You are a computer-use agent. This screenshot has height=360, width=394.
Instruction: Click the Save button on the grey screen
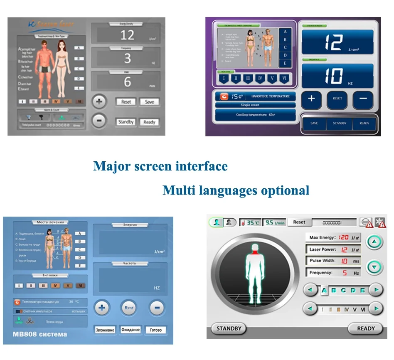(x=149, y=102)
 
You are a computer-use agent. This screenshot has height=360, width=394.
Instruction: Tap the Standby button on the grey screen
(x=126, y=122)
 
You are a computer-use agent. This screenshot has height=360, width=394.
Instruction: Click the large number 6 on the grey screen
(x=127, y=82)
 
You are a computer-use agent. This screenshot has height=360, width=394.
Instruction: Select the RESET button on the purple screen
(x=337, y=99)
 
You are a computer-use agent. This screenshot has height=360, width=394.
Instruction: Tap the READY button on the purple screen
(x=364, y=123)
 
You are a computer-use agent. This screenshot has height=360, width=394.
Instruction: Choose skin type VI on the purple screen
(x=285, y=78)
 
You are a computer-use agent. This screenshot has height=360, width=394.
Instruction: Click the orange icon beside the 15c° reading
(x=224, y=96)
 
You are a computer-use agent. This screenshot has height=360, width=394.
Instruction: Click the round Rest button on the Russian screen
(x=129, y=308)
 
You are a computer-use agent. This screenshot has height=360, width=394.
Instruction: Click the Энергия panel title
(x=130, y=225)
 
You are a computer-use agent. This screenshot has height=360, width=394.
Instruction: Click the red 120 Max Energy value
(x=343, y=237)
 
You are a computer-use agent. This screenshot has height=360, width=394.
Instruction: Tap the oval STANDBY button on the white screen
(x=229, y=328)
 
